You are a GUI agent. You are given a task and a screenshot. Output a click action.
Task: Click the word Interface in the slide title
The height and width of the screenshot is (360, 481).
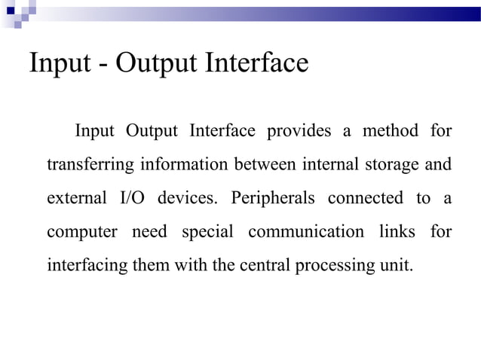click(x=256, y=63)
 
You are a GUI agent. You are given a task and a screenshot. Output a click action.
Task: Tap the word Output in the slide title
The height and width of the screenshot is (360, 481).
click(x=160, y=64)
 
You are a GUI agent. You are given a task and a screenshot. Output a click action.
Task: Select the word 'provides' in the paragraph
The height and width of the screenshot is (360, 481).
click(x=299, y=131)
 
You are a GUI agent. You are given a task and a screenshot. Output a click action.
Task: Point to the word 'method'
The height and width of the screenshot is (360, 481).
click(x=390, y=131)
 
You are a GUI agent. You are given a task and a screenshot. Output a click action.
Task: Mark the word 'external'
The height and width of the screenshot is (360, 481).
click(x=76, y=199)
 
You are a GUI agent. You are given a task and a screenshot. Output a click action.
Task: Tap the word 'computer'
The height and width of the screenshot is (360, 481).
click(x=81, y=233)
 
